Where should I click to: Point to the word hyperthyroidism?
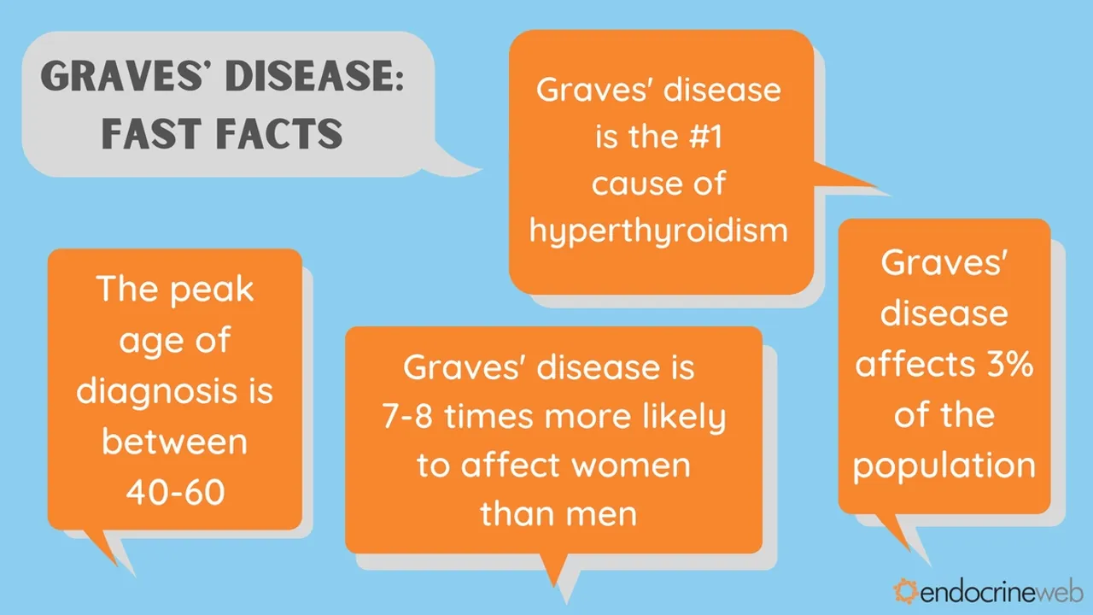point(658,230)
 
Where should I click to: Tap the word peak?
point(211,290)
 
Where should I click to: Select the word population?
point(944,466)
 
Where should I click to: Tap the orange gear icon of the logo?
point(904,590)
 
